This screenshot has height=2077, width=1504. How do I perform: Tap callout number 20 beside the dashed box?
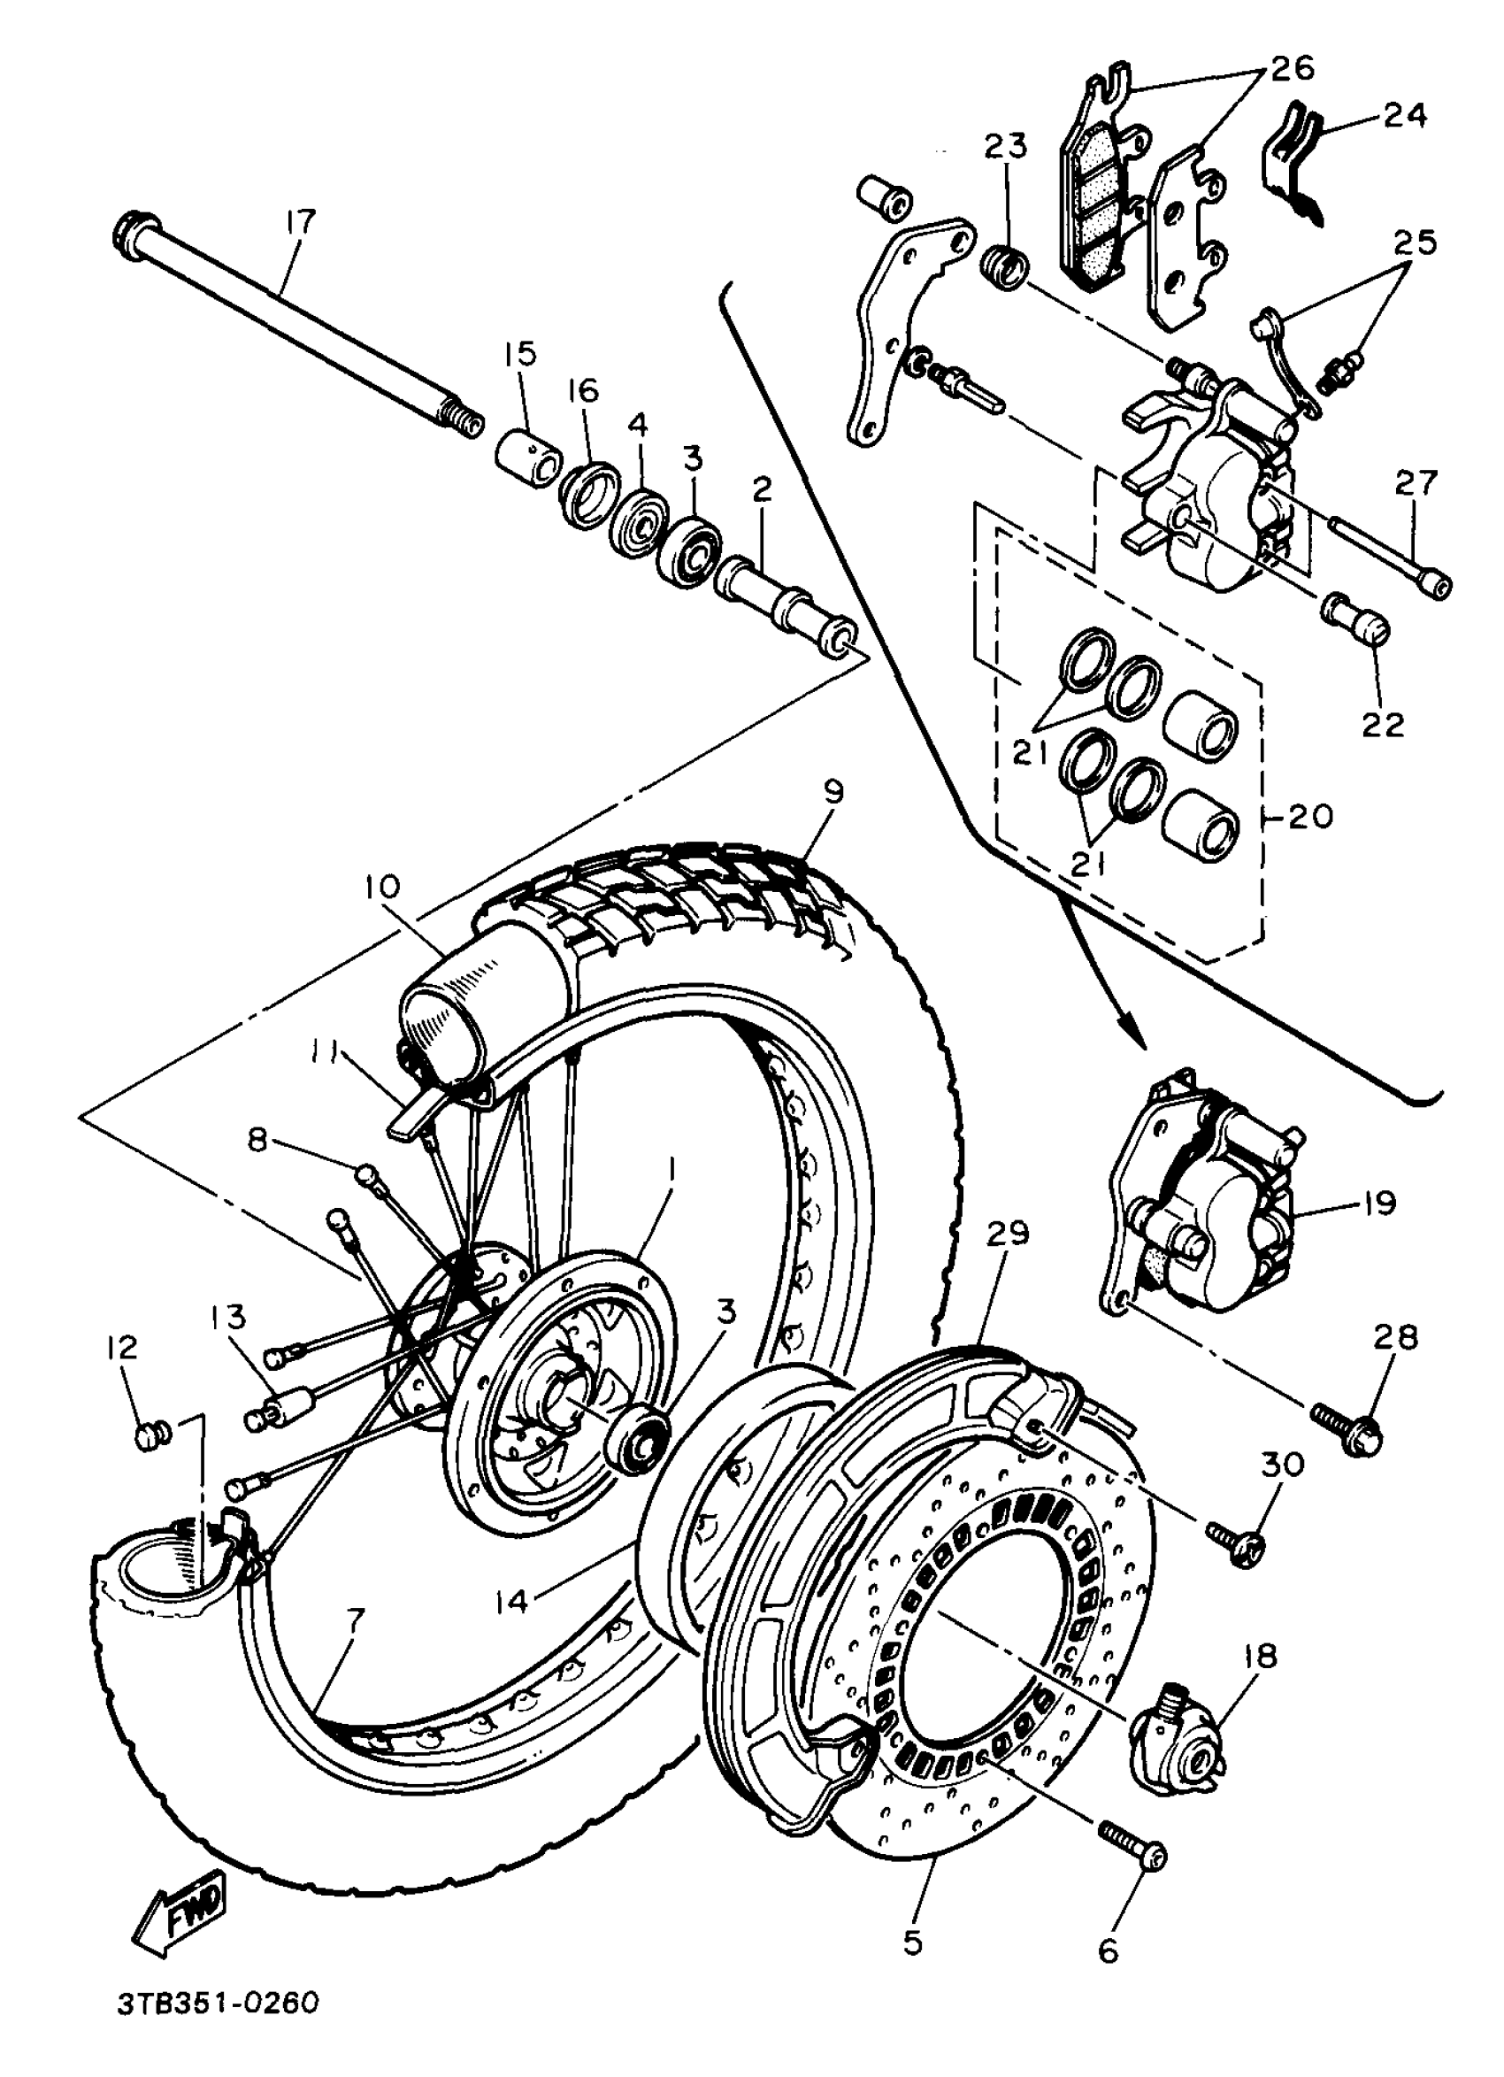(1309, 816)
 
